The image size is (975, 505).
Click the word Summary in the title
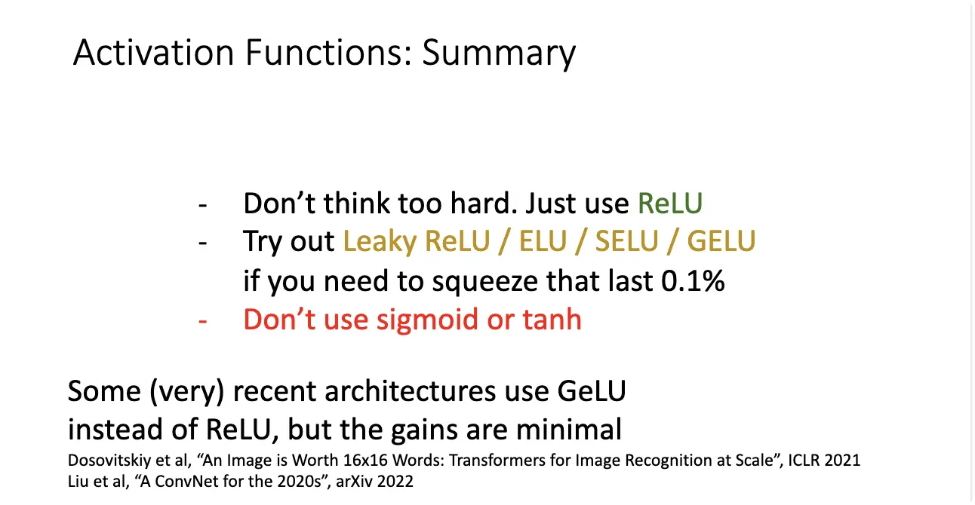pyautogui.click(x=499, y=54)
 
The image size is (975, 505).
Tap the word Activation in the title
pyautogui.click(x=154, y=53)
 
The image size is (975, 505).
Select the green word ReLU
pyautogui.click(x=670, y=204)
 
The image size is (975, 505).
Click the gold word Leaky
pyautogui.click(x=380, y=242)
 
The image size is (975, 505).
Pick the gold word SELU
pyautogui.click(x=626, y=240)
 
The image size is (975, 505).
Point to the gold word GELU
pyautogui.click(x=721, y=240)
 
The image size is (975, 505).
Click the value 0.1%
pyautogui.click(x=693, y=280)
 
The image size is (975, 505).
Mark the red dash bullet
pyautogui.click(x=202, y=322)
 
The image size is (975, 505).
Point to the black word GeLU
pyautogui.click(x=592, y=391)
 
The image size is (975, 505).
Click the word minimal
pyautogui.click(x=568, y=430)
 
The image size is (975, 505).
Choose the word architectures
pyautogui.click(x=410, y=391)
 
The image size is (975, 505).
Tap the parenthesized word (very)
pyautogui.click(x=187, y=392)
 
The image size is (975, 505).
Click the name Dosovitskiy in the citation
pyautogui.click(x=109, y=461)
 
